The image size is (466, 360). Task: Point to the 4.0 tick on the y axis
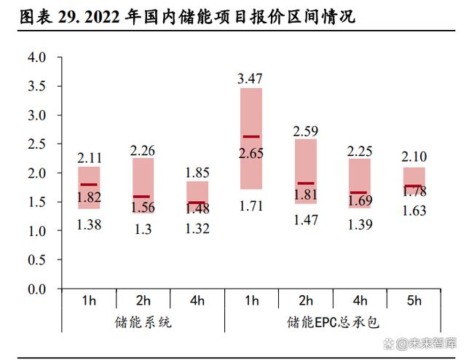pyautogui.click(x=37, y=58)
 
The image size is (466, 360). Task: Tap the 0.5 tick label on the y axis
pyautogui.click(x=37, y=261)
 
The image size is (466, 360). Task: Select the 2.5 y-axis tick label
pyautogui.click(x=37, y=144)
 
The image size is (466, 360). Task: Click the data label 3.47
pyautogui.click(x=251, y=77)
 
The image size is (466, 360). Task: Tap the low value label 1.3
pyautogui.click(x=143, y=229)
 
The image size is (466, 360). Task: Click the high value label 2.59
pyautogui.click(x=306, y=131)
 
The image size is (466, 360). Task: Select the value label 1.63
pyautogui.click(x=414, y=212)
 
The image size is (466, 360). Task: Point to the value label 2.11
pyautogui.click(x=89, y=156)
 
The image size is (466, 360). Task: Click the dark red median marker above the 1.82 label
pyautogui.click(x=89, y=184)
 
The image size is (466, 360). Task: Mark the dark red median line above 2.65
pyautogui.click(x=251, y=136)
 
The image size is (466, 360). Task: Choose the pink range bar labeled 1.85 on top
pyautogui.click(x=197, y=193)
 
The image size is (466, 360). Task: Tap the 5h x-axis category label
pyautogui.click(x=414, y=300)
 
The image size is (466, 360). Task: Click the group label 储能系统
pyautogui.click(x=143, y=321)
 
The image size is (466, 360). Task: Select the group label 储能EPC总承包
pyautogui.click(x=333, y=321)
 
